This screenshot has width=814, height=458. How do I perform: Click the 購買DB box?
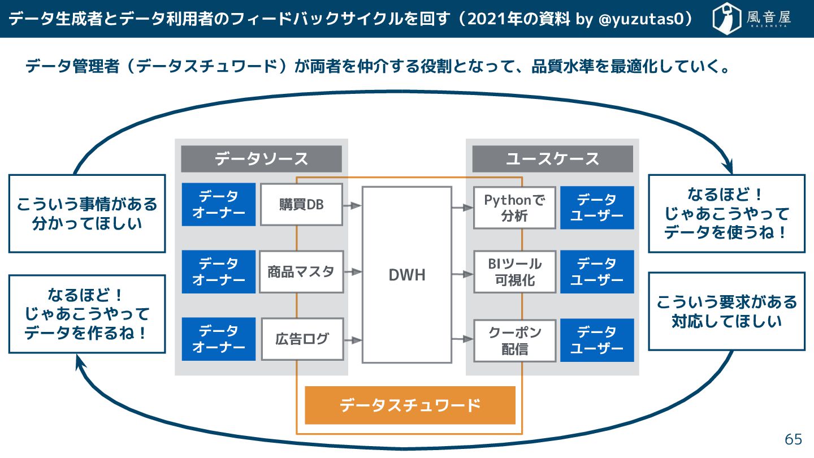301,205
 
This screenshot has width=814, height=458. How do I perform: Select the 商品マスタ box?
301,271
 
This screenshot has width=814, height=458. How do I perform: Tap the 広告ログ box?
301,339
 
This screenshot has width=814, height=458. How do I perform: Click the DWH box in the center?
406,275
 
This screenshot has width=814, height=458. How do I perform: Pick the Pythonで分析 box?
514,208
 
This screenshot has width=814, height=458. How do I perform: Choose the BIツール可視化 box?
514,272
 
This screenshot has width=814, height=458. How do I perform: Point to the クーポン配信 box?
514,340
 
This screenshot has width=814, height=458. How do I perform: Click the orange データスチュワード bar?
410,405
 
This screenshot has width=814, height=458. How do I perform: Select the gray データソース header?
261,159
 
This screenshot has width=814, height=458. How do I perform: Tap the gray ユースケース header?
552,159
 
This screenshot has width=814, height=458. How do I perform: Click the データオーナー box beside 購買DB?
219,205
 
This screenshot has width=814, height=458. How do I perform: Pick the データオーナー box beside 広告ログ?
219,339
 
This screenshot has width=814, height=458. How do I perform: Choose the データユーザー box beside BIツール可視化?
596,272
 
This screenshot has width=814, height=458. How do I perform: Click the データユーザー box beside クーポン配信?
596,340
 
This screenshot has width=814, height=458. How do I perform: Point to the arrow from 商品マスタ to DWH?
353,272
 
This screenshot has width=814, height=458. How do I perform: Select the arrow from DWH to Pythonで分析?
462,208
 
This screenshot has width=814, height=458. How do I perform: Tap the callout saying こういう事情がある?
87,213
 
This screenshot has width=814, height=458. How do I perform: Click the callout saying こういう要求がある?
726,312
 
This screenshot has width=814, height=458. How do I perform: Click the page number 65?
793,439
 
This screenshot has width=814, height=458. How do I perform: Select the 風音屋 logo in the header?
752,19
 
